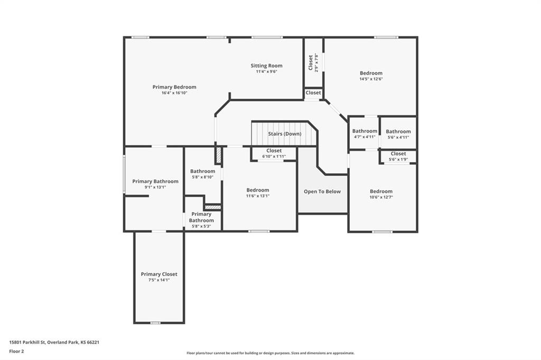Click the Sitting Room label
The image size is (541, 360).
tap(266, 65)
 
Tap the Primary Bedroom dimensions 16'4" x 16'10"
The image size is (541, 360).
tap(174, 93)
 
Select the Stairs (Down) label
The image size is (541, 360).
tap(285, 134)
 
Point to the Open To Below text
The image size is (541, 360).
tap(322, 192)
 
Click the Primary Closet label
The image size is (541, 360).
tap(159, 274)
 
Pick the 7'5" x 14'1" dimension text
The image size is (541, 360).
tap(159, 280)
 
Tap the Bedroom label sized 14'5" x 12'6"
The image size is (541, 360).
tap(371, 73)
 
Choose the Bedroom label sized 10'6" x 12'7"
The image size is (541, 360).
tap(381, 192)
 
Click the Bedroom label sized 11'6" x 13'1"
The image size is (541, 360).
tap(258, 190)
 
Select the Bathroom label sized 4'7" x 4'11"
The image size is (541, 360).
tap(365, 131)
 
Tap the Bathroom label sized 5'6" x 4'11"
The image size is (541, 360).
tap(398, 131)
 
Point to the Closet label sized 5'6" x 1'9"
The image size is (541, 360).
tap(398, 154)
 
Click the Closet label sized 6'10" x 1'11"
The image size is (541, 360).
tap(274, 150)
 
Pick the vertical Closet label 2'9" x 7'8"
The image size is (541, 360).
tap(311, 62)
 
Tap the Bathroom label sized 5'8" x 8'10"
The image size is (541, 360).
tap(202, 171)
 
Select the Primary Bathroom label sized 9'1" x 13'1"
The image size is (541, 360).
tap(155, 182)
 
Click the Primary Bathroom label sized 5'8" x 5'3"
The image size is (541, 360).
tap(201, 217)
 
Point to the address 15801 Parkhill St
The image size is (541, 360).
tap(27, 343)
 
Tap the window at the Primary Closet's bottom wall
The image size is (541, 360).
tap(155, 323)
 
